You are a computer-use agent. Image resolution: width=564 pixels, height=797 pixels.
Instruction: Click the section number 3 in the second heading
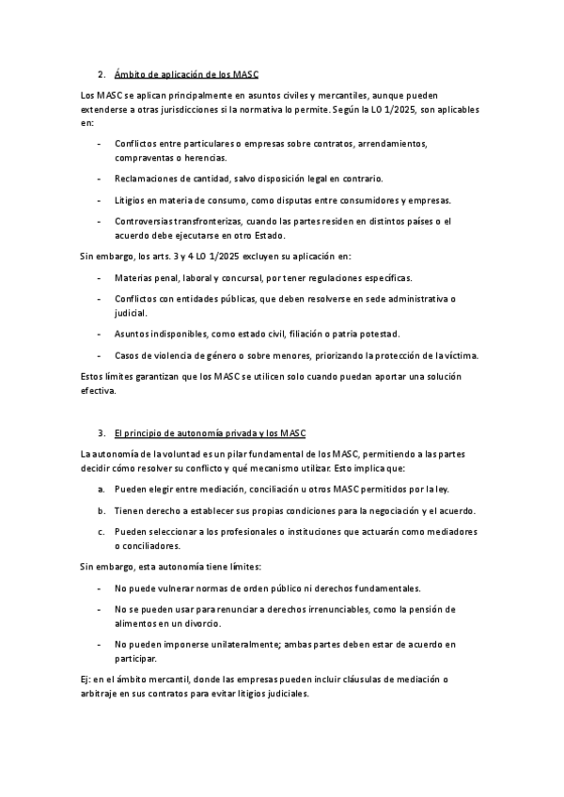tap(101, 432)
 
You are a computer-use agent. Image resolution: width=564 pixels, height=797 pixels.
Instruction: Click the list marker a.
tap(101, 490)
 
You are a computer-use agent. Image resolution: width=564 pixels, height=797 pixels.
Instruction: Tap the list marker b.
tap(101, 510)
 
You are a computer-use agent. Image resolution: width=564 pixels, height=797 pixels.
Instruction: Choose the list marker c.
tap(101, 532)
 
